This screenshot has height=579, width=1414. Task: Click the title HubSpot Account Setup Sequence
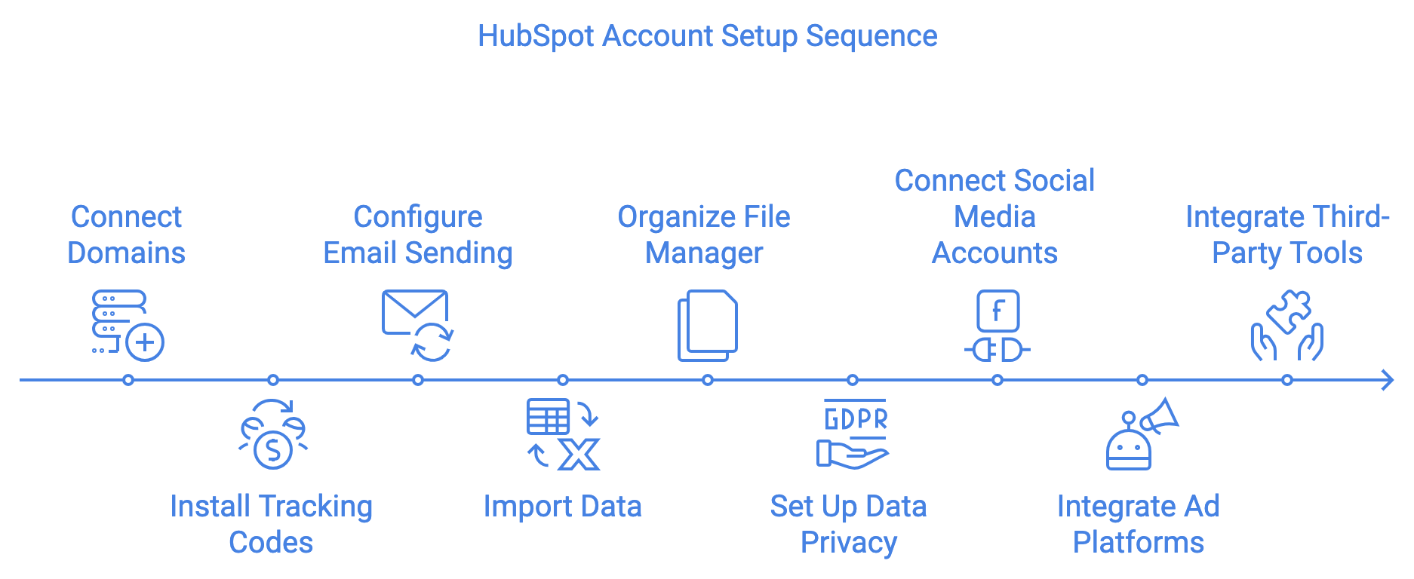(707, 36)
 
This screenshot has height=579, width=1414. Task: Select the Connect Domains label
(126, 234)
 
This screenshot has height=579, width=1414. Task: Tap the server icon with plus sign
(127, 325)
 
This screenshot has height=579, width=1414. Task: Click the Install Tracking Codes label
(271, 524)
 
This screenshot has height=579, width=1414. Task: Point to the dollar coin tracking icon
(272, 435)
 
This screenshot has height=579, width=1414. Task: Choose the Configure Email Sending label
(417, 234)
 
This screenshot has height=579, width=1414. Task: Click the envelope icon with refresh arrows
(417, 324)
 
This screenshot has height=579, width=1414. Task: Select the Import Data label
(562, 506)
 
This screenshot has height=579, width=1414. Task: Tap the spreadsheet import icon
(562, 435)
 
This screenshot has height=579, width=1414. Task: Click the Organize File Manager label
(704, 234)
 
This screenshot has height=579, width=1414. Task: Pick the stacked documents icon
(707, 325)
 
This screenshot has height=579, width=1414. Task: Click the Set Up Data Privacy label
(848, 524)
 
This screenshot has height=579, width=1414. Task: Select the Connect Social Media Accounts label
(994, 216)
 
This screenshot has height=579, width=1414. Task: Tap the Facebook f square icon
(997, 311)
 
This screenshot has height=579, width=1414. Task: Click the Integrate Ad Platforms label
(1138, 524)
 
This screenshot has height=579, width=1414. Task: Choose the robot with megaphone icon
(1140, 435)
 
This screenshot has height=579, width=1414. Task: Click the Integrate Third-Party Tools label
(1287, 234)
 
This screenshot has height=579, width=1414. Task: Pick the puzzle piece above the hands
(1290, 310)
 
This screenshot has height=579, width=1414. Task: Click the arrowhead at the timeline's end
(1387, 380)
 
